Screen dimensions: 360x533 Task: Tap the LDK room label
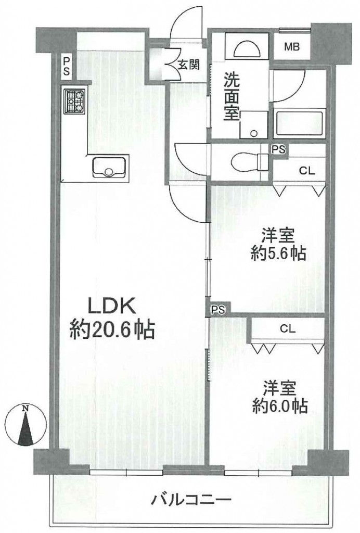pyautogui.click(x=112, y=306)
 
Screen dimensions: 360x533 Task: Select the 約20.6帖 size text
pyautogui.click(x=112, y=329)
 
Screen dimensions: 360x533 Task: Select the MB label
pyautogui.click(x=292, y=47)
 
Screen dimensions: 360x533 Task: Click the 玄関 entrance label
pyautogui.click(x=188, y=64)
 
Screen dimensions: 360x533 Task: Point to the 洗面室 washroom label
pyautogui.click(x=232, y=96)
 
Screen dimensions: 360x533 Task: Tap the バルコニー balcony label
pyautogui.click(x=191, y=500)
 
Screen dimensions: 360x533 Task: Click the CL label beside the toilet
pyautogui.click(x=307, y=171)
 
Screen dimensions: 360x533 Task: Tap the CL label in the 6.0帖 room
pyautogui.click(x=288, y=329)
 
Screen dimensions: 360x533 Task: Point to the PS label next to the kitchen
pyautogui.click(x=66, y=66)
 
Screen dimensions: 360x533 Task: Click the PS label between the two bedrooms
pyautogui.click(x=218, y=309)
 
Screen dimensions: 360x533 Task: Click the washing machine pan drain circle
pyautogui.click(x=253, y=133)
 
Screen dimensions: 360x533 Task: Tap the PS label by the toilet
pyautogui.click(x=278, y=149)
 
